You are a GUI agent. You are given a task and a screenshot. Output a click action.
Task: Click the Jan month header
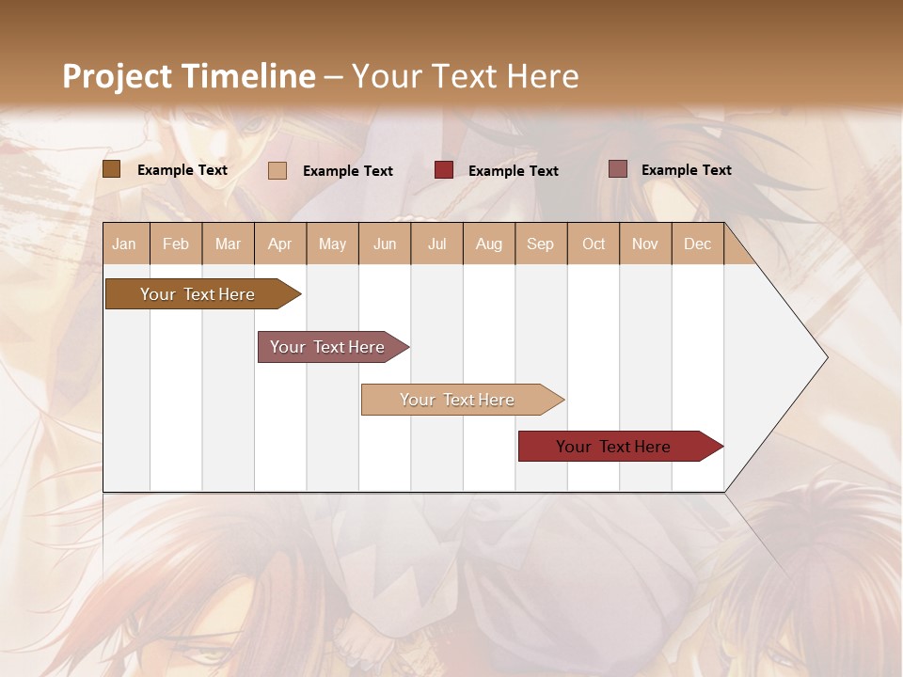click(x=124, y=244)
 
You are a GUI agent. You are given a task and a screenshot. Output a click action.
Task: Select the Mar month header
click(x=228, y=244)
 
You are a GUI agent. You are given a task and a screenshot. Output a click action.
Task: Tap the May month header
click(x=332, y=244)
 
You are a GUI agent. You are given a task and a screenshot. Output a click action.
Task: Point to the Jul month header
click(x=436, y=244)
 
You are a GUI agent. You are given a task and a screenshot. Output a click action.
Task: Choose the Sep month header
click(x=540, y=244)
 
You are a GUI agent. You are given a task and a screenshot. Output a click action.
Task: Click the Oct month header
click(x=594, y=244)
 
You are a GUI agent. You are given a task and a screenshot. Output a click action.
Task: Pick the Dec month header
click(x=697, y=244)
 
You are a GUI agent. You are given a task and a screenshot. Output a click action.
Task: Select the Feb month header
click(x=176, y=244)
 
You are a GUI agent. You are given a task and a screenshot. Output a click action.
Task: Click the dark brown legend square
click(x=111, y=169)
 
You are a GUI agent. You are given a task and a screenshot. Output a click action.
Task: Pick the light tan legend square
click(x=277, y=170)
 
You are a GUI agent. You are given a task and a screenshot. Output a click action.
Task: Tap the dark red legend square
click(x=444, y=170)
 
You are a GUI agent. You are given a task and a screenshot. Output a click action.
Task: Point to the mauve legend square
click(x=618, y=169)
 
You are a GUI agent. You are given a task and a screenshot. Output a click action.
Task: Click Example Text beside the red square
click(x=513, y=171)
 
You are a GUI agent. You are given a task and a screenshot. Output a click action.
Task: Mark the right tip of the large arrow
click(x=826, y=357)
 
